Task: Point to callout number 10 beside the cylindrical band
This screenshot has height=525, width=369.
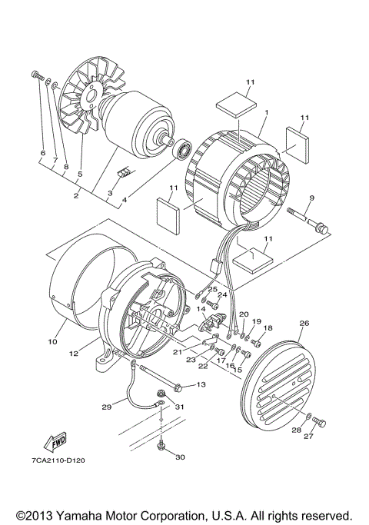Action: pyautogui.click(x=53, y=341)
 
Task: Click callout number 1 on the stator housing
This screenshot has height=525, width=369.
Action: pyautogui.click(x=265, y=112)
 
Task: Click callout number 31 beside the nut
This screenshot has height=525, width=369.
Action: pyautogui.click(x=180, y=407)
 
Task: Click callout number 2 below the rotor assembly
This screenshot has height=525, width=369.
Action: pyautogui.click(x=77, y=196)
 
